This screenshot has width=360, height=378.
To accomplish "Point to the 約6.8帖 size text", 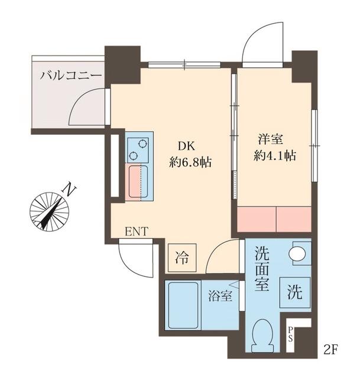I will (191, 161).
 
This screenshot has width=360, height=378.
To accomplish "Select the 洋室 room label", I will (270, 141).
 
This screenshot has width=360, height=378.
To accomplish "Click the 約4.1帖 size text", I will (274, 157).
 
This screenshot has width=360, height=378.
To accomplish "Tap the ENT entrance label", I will (137, 232).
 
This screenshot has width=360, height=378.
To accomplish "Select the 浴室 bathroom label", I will (220, 296).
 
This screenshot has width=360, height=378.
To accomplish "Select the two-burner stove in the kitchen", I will (139, 148).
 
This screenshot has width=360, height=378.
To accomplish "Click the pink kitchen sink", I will (140, 183).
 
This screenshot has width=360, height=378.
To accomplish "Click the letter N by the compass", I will (70, 190).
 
